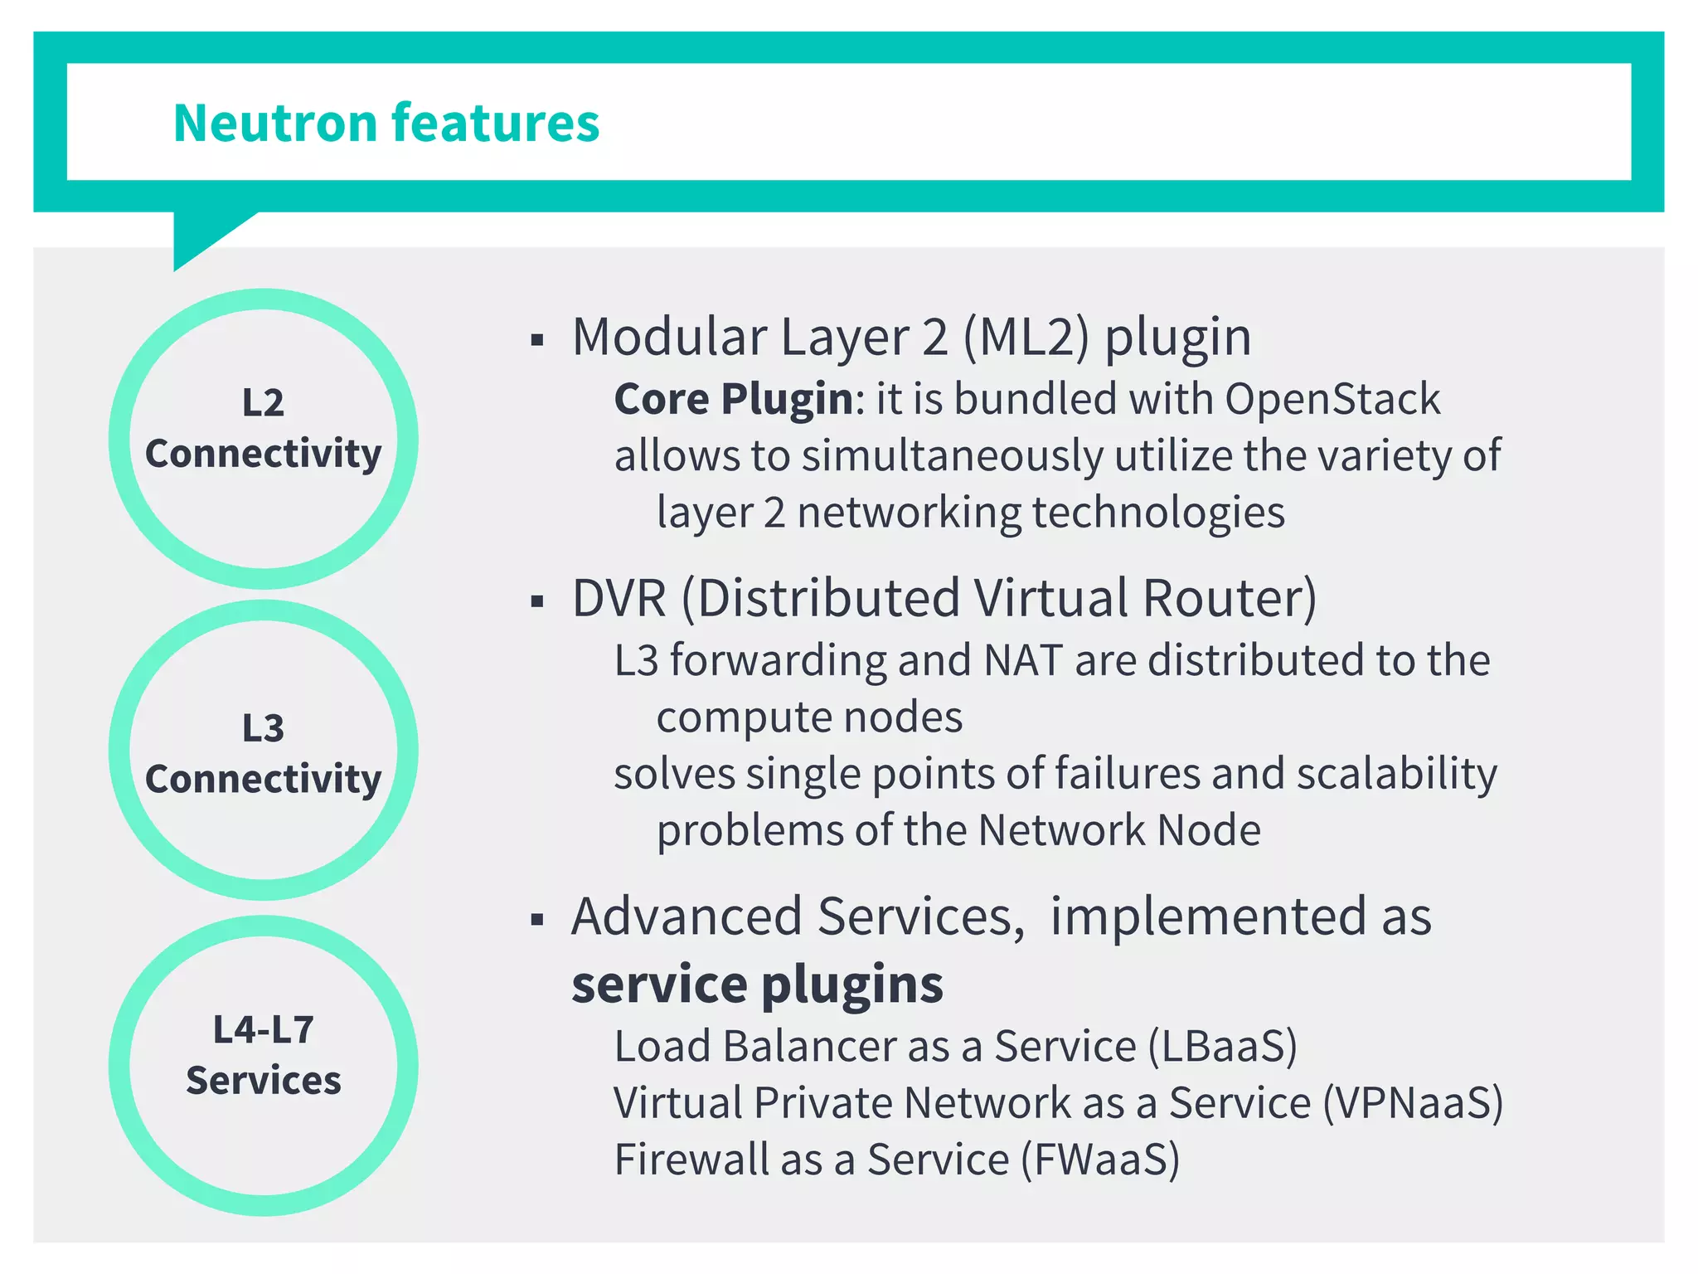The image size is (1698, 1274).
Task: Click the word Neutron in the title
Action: [x=275, y=124]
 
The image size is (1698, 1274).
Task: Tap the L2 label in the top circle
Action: [x=263, y=403]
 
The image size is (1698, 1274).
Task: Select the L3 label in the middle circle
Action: [x=263, y=728]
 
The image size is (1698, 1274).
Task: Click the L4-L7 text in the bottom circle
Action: [x=263, y=1030]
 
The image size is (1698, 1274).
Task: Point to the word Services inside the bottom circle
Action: [x=263, y=1081]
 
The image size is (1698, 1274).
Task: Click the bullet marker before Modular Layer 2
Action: [x=537, y=340]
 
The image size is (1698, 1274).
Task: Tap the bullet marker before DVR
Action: [x=537, y=601]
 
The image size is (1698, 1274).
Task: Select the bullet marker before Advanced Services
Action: [x=537, y=920]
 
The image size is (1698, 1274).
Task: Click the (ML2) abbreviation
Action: [x=1026, y=338]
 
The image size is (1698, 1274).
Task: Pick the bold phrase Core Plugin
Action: [x=734, y=399]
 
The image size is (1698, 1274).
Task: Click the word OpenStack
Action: [x=1332, y=399]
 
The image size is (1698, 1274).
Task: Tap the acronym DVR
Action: [x=619, y=598]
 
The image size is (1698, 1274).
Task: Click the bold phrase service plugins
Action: [x=757, y=985]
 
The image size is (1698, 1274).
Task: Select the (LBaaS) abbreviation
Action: [x=1222, y=1047]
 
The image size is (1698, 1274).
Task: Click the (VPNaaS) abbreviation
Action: [x=1412, y=1103]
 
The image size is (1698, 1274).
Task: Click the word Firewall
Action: [x=691, y=1160]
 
